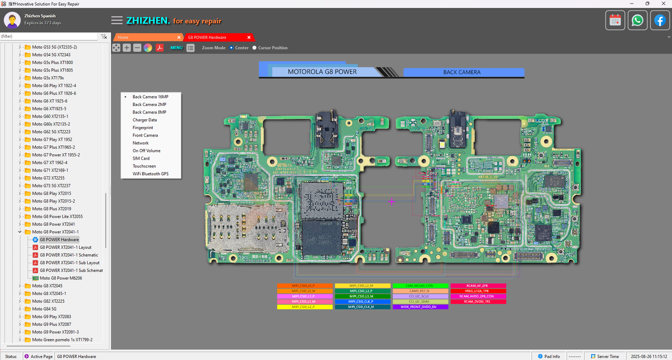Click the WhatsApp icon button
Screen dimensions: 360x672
click(637, 20)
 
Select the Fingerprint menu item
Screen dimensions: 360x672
click(143, 128)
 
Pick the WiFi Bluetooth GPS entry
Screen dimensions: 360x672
click(150, 174)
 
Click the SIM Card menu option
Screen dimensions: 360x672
click(141, 158)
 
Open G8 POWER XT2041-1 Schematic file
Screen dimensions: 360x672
click(69, 255)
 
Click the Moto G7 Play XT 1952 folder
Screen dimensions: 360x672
click(52, 140)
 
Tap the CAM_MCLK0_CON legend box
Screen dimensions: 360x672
click(420, 286)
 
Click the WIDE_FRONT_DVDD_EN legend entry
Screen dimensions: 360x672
click(420, 307)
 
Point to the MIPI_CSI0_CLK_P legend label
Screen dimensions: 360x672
click(362, 302)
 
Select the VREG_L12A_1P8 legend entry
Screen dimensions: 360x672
click(477, 291)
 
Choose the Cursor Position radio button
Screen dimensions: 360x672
click(255, 48)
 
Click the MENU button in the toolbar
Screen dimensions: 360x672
click(176, 48)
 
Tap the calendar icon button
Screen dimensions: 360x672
click(615, 20)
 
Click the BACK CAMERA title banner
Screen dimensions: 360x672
click(461, 72)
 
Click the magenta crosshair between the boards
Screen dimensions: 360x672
click(392, 202)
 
